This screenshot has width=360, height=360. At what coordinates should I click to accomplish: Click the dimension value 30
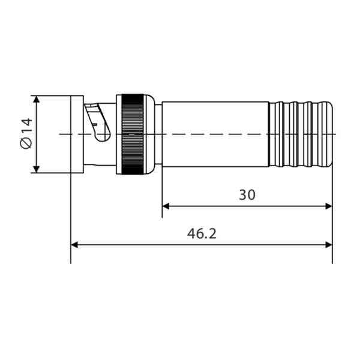[x=247, y=194]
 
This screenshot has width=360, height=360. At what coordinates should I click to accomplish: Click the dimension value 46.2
[x=202, y=233]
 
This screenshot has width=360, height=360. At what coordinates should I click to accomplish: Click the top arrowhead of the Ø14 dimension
[x=37, y=99]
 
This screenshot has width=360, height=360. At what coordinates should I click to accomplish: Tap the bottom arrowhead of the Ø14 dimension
[x=37, y=169]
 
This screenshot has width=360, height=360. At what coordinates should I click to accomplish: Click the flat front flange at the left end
[x=77, y=134]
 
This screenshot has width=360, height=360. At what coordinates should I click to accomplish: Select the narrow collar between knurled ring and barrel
[x=158, y=134]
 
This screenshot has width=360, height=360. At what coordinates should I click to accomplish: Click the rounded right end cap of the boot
[x=328, y=134]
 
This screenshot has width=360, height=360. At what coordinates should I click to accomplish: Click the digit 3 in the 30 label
[x=242, y=194]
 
